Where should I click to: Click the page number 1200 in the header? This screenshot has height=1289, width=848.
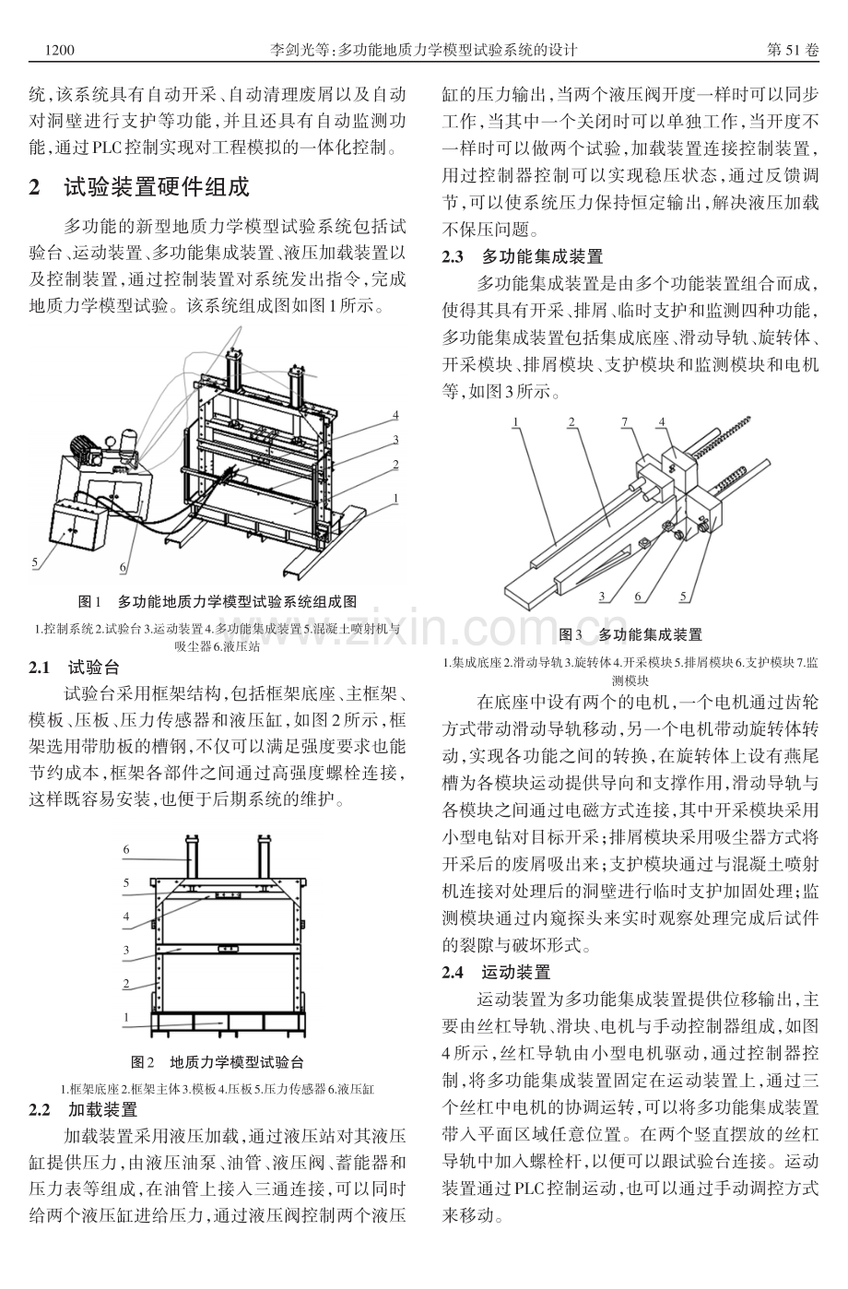point(60,50)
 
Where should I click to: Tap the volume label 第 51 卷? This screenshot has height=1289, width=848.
point(793,50)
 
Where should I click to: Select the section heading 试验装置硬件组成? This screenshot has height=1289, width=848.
point(157,187)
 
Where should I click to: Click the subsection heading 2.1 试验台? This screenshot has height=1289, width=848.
point(75,668)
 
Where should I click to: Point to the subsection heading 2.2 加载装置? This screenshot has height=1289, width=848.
point(83,1109)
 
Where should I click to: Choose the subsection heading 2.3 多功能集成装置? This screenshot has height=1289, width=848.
point(523,256)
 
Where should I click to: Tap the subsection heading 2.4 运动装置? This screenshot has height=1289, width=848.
point(497,973)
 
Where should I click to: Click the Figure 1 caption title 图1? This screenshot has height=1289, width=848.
point(89,602)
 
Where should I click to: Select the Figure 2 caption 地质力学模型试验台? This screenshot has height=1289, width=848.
point(237,1062)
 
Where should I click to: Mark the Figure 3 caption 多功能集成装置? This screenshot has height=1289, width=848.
point(650,635)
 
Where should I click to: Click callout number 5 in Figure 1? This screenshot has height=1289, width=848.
point(34,562)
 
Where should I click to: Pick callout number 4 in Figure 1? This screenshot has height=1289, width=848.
point(395,416)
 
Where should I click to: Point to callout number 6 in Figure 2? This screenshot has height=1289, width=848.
point(126,849)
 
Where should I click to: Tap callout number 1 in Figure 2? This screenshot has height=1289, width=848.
point(126,1017)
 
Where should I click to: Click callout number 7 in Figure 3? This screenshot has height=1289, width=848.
point(625,421)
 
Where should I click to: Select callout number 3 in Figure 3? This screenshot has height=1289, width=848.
point(602,597)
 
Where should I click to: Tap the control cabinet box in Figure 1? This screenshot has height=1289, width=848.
point(78,525)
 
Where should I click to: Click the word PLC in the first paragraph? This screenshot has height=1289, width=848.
point(108,148)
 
